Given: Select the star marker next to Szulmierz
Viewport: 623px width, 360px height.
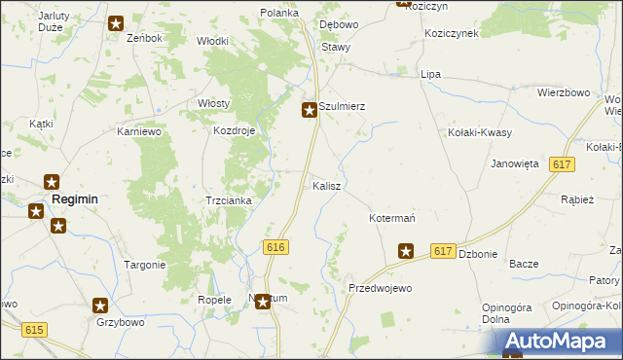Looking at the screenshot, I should [310, 111].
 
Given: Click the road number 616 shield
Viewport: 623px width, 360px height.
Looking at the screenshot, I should [275, 248].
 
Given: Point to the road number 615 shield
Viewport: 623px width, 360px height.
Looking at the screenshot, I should [35, 331].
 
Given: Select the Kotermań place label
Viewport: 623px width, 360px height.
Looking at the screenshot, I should [392, 218].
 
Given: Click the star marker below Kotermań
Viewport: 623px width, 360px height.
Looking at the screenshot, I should [406, 252].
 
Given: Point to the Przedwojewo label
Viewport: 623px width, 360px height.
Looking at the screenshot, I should [381, 289].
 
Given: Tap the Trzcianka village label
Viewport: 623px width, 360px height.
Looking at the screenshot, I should [229, 200].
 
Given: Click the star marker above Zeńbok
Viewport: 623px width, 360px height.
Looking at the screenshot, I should [117, 23].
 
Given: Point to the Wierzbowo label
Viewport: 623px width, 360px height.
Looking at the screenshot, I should [564, 92].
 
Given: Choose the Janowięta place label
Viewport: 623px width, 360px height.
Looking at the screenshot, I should [515, 163].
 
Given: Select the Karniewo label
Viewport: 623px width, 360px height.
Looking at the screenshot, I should [138, 130].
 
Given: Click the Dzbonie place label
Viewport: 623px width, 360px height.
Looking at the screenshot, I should [478, 254].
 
